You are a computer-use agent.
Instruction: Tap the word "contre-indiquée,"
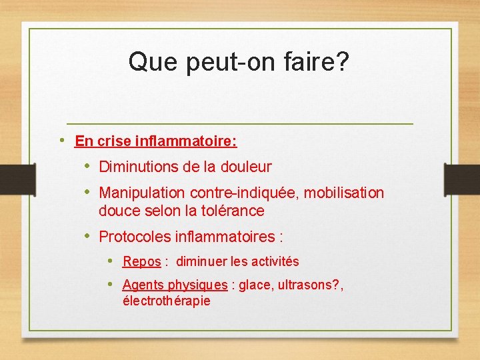tap(245, 193)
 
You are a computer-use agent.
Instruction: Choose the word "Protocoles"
tap(134, 237)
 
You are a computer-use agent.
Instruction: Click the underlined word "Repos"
tap(142, 262)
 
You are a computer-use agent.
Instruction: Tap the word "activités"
tap(274, 262)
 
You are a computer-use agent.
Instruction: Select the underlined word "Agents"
tap(143, 285)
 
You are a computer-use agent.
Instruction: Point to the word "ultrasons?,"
tap(311, 285)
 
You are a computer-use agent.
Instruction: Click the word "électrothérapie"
tap(167, 301)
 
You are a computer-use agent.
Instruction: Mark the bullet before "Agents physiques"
tap(111, 285)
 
